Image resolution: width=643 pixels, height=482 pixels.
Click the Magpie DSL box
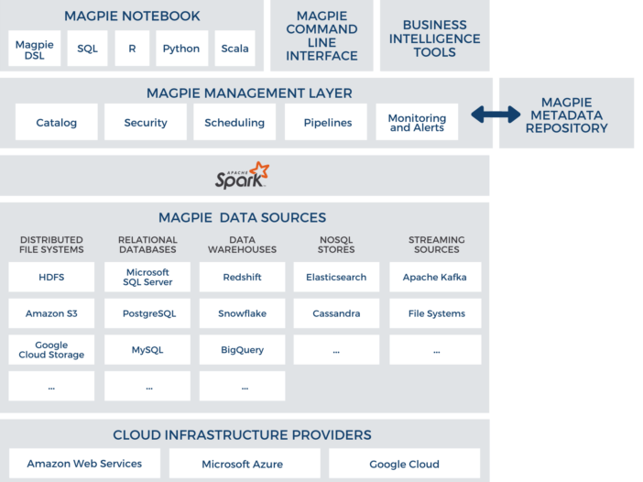pyautogui.click(x=35, y=49)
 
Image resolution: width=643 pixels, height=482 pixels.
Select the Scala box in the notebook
pyautogui.click(x=235, y=49)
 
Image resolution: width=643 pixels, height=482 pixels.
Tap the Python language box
pyautogui.click(x=180, y=49)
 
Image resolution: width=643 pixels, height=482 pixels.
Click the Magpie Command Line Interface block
pyautogui.click(x=321, y=37)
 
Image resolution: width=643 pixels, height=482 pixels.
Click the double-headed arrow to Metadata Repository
pyautogui.click(x=496, y=115)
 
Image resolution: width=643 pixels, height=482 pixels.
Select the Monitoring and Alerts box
pyautogui.click(x=417, y=123)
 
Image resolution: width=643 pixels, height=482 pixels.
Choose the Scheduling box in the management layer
pyautogui.click(x=234, y=123)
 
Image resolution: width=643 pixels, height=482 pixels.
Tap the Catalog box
pyautogui.click(x=57, y=123)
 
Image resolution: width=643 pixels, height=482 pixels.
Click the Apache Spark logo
pyautogui.click(x=242, y=176)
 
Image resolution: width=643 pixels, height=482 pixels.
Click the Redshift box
pyautogui.click(x=242, y=277)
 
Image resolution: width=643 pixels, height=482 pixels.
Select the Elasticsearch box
pyautogui.click(x=336, y=277)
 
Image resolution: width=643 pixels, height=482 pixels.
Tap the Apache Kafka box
pyautogui.click(x=434, y=277)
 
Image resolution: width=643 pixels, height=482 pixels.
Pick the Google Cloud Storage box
pyautogui.click(x=51, y=350)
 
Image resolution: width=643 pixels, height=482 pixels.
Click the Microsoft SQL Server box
pyautogui.click(x=147, y=277)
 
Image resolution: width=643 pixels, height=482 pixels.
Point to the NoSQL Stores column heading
pyautogui.click(x=336, y=245)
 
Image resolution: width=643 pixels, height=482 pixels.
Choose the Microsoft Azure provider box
pyautogui.click(x=243, y=464)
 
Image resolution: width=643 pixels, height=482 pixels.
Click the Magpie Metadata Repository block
pyautogui.click(x=566, y=115)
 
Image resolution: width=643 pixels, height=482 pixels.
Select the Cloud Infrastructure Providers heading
pyautogui.click(x=242, y=435)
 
